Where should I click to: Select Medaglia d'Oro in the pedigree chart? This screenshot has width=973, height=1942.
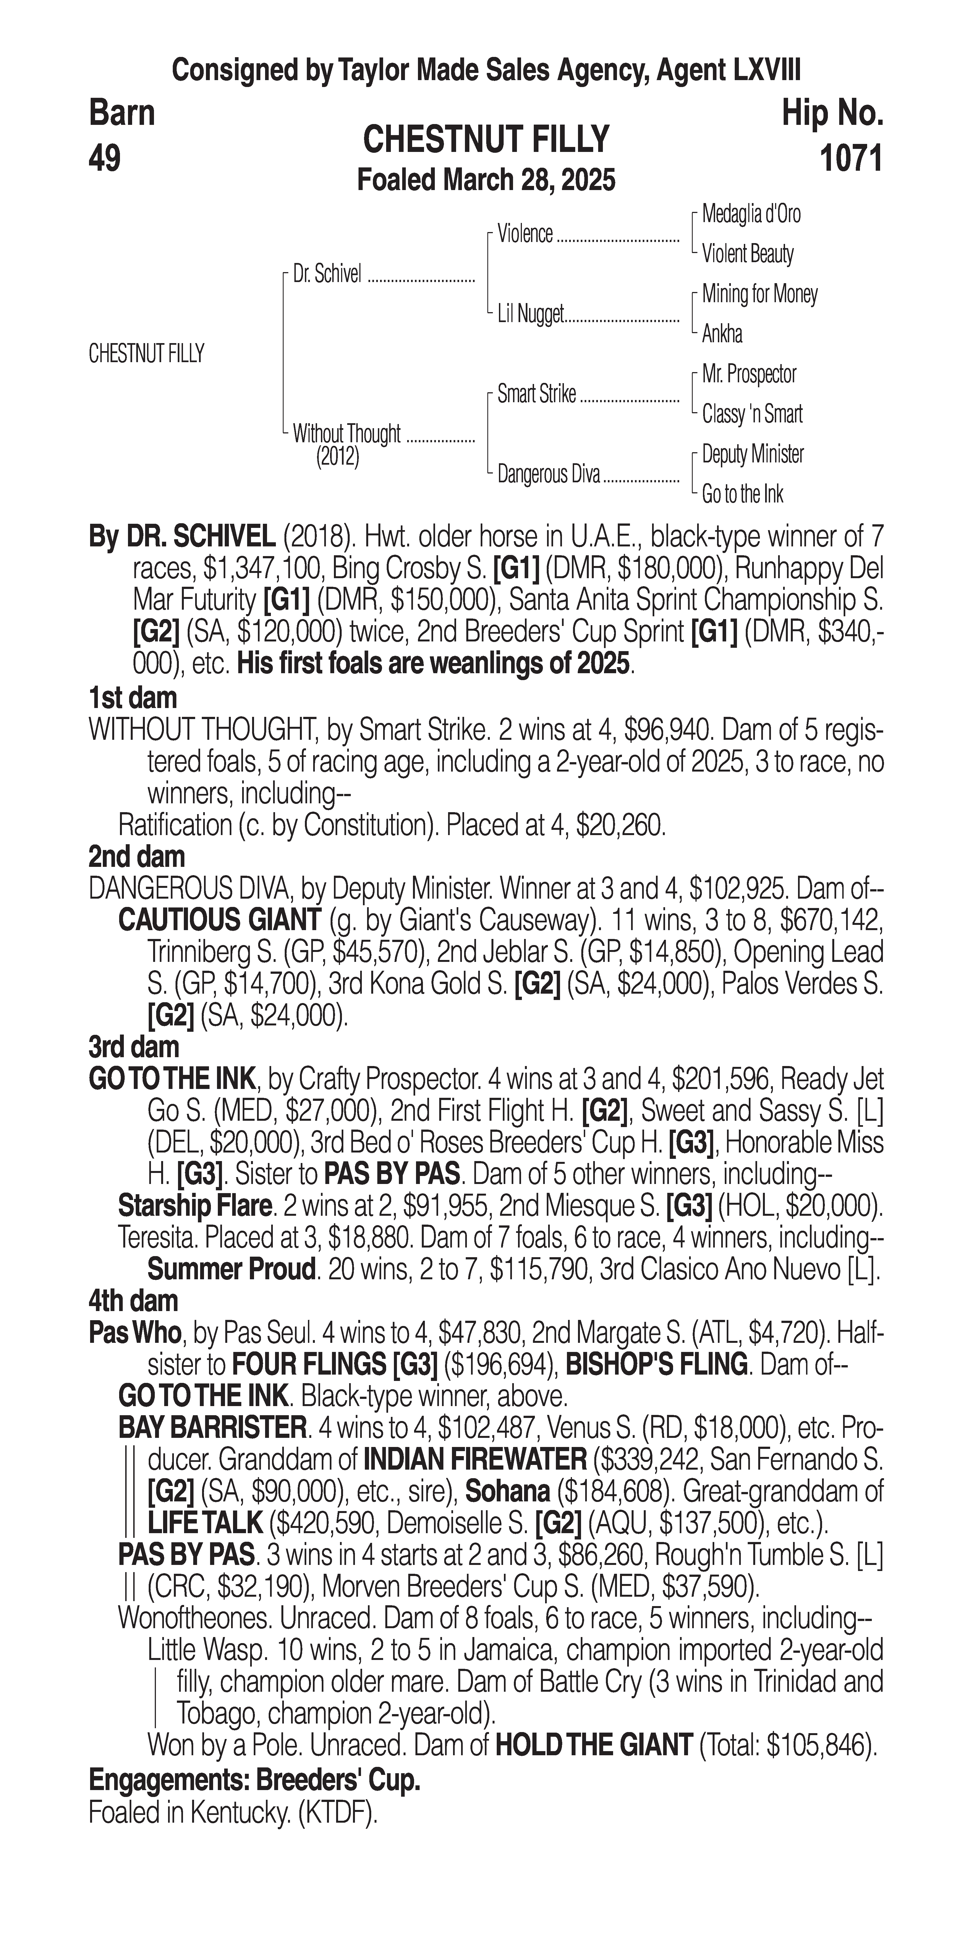point(750,214)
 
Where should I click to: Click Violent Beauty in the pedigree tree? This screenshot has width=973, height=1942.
point(747,254)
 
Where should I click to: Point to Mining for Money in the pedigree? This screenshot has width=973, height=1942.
point(759,294)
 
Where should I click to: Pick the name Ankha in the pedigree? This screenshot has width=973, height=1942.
point(722,334)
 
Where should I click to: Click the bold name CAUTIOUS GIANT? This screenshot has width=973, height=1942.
point(219,920)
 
